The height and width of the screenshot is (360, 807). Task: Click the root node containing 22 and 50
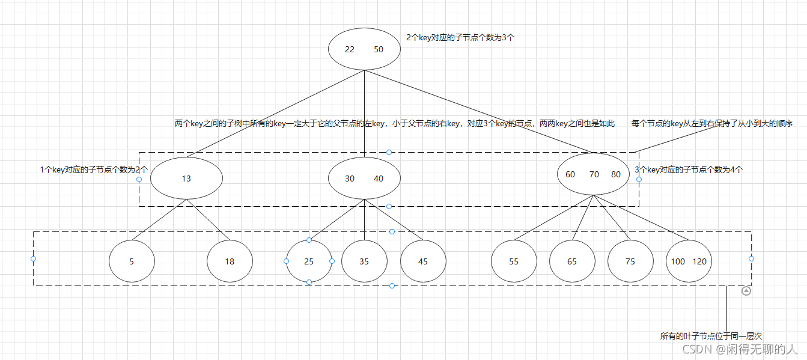pyautogui.click(x=364, y=49)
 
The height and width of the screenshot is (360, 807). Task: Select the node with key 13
pyautogui.click(x=186, y=178)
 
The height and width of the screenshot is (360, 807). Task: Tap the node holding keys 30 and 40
pyautogui.click(x=364, y=178)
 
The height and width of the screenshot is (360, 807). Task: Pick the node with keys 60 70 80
pyautogui.click(x=593, y=174)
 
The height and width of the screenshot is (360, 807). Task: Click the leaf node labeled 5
pyautogui.click(x=132, y=261)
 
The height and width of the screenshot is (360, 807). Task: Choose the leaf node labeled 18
pyautogui.click(x=230, y=261)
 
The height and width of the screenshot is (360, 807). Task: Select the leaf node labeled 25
pyautogui.click(x=309, y=261)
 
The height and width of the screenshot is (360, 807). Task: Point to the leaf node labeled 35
pyautogui.click(x=364, y=261)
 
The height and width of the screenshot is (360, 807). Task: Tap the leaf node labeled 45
pyautogui.click(x=423, y=261)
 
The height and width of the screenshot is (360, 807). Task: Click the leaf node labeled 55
pyautogui.click(x=514, y=261)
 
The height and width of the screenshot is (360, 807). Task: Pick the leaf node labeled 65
pyautogui.click(x=572, y=261)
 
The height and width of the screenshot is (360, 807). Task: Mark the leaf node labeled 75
pyautogui.click(x=630, y=261)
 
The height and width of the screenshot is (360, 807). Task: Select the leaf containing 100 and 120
pyautogui.click(x=689, y=261)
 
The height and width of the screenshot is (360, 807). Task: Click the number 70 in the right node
pyautogui.click(x=594, y=174)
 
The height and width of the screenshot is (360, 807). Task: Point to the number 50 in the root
pyautogui.click(x=379, y=49)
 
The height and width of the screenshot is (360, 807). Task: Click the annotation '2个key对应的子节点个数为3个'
pyautogui.click(x=460, y=37)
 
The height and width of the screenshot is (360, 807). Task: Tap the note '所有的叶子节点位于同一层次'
pyautogui.click(x=711, y=337)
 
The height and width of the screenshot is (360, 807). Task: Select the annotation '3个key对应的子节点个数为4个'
pyautogui.click(x=689, y=170)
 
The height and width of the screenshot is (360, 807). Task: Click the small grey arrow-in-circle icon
pyautogui.click(x=746, y=291)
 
